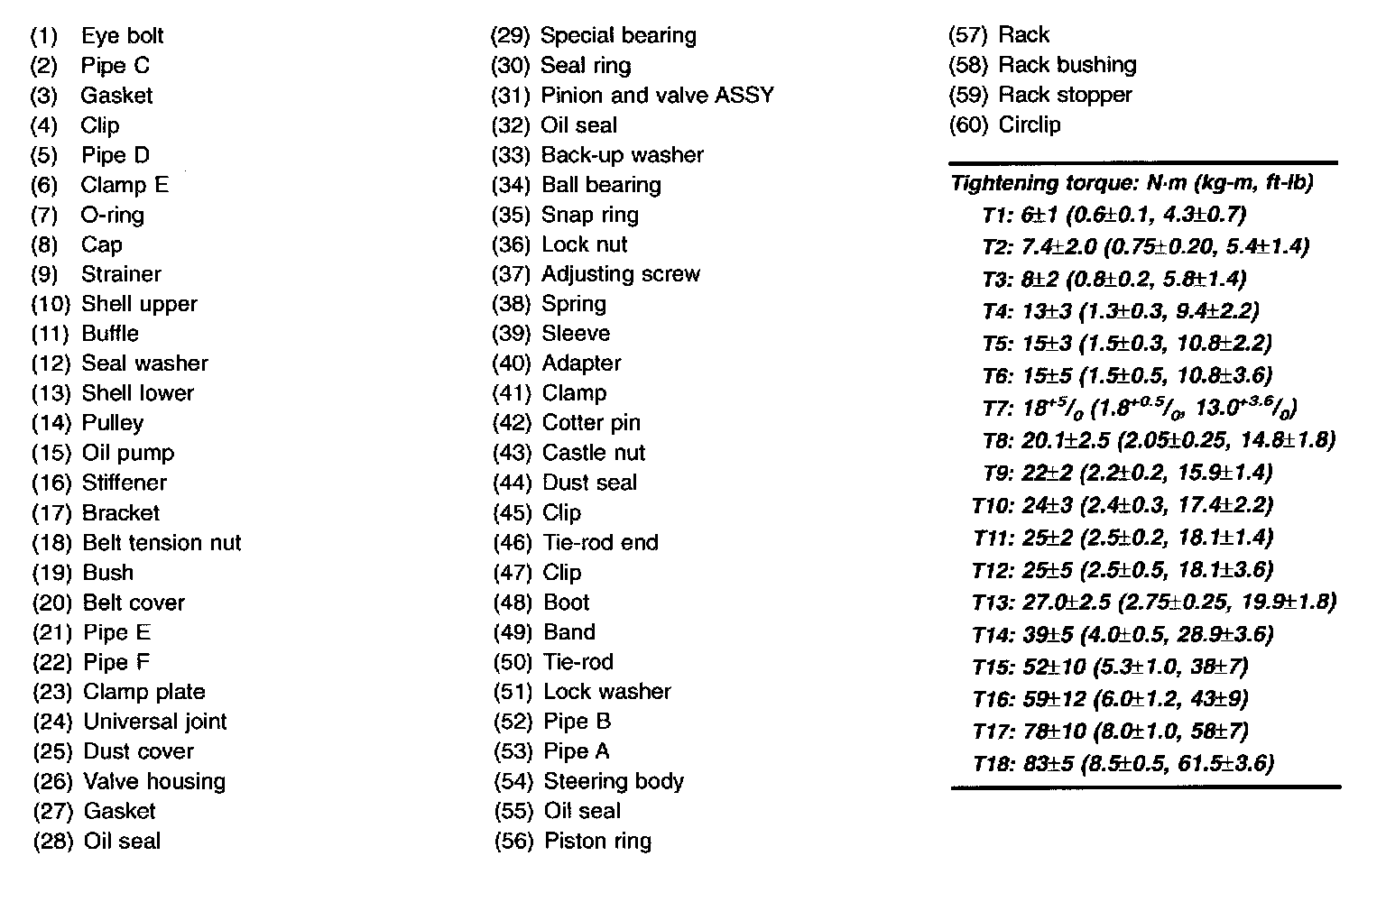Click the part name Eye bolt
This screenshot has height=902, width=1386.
pos(122,36)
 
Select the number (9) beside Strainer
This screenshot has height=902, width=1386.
pos(44,274)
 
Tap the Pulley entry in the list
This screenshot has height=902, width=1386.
pos(112,423)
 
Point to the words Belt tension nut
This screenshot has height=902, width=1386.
pos(162,543)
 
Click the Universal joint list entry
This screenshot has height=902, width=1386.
pos(154,722)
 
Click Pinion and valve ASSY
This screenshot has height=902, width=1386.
pos(657,96)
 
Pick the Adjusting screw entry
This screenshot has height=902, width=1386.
pos(620,274)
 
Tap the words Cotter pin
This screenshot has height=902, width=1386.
pos(591,423)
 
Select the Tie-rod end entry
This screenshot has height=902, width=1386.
pos(600,543)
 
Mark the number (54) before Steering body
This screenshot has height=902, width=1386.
pos(513,781)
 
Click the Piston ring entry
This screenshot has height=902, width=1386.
pos(597,842)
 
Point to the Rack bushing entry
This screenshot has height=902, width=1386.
pos(1067,65)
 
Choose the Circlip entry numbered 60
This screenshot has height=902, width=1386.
pos(1030,124)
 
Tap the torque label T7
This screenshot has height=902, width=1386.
pos(998,409)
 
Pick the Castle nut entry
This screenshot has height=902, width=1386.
pos(594,453)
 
